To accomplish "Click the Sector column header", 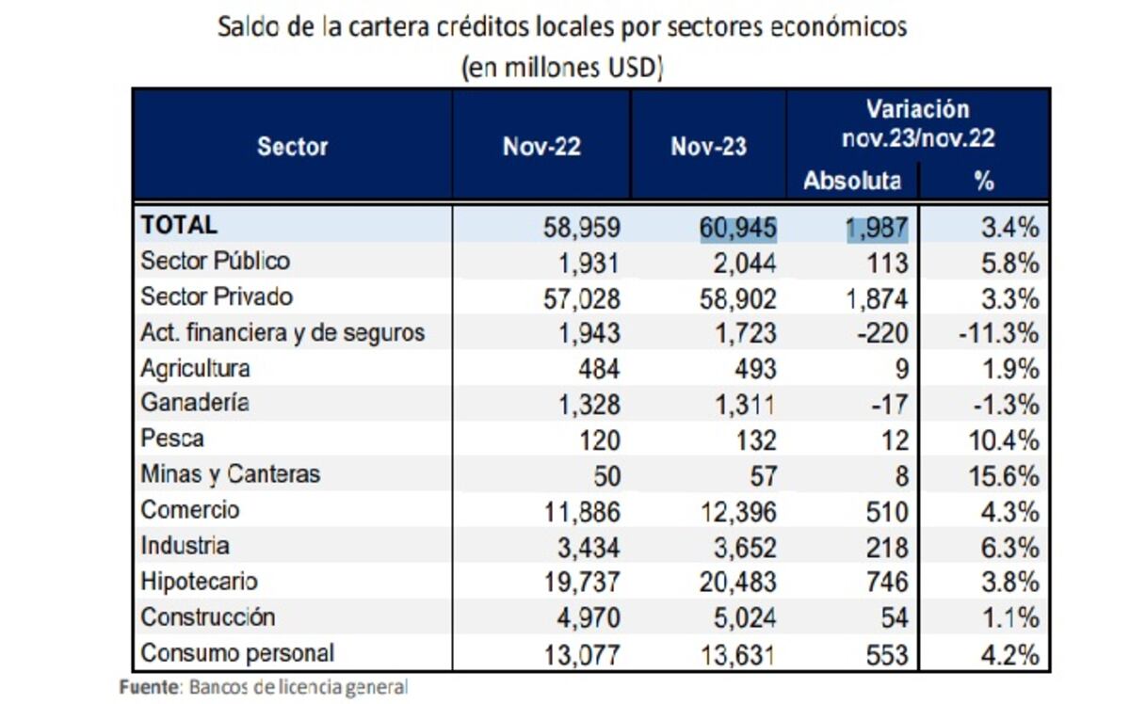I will (x=292, y=147).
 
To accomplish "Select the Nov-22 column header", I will (x=541, y=147).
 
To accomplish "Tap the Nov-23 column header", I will (x=708, y=147).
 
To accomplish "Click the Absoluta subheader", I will (x=851, y=181).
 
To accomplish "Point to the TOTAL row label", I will (x=178, y=225).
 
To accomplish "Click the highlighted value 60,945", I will (x=738, y=227).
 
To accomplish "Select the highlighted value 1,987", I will (x=877, y=227).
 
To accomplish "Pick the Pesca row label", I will (x=171, y=439).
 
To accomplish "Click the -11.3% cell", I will (x=1005, y=333).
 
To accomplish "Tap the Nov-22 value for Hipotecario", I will (x=582, y=583).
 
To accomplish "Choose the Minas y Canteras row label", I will (x=230, y=474).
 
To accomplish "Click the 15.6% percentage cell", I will (x=1005, y=476).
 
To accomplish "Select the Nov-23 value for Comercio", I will (x=738, y=512).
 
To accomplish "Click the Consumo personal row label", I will (x=237, y=652).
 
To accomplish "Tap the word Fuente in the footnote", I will (x=148, y=687).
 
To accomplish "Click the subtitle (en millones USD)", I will (x=562, y=68).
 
